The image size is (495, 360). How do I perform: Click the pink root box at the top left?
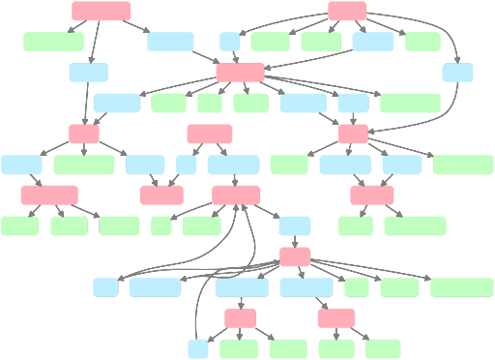(101, 11)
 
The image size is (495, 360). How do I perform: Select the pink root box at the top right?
(347, 11)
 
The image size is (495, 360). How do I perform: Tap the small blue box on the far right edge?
(458, 72)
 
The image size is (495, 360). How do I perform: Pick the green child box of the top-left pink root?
(52, 41)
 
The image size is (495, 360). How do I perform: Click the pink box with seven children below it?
(240, 72)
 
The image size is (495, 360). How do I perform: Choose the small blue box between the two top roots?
(230, 41)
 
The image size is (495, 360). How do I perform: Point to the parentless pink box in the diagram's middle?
(209, 134)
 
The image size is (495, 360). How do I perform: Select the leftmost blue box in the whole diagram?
(21, 164)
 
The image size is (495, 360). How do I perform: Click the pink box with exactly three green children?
(48, 195)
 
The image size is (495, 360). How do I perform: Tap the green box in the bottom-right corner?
(384, 348)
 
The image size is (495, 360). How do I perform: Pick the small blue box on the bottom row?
(198, 348)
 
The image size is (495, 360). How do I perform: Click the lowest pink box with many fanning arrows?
(295, 256)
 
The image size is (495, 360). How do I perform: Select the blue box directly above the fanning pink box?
(295, 226)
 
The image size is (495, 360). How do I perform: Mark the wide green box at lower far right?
(461, 287)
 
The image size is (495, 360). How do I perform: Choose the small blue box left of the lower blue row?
(105, 287)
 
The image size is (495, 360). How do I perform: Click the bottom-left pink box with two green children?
(241, 318)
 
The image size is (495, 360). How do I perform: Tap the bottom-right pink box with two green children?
(335, 318)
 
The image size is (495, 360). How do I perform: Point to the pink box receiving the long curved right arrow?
(353, 134)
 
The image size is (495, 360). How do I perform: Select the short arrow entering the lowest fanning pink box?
(295, 241)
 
